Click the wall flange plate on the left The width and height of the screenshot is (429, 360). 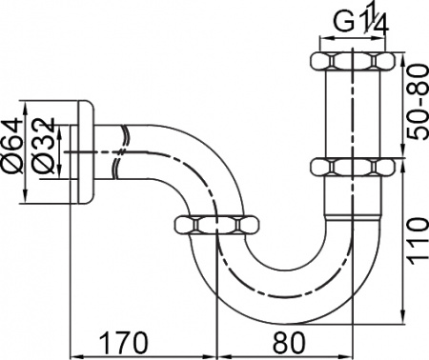tap(83, 150)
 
